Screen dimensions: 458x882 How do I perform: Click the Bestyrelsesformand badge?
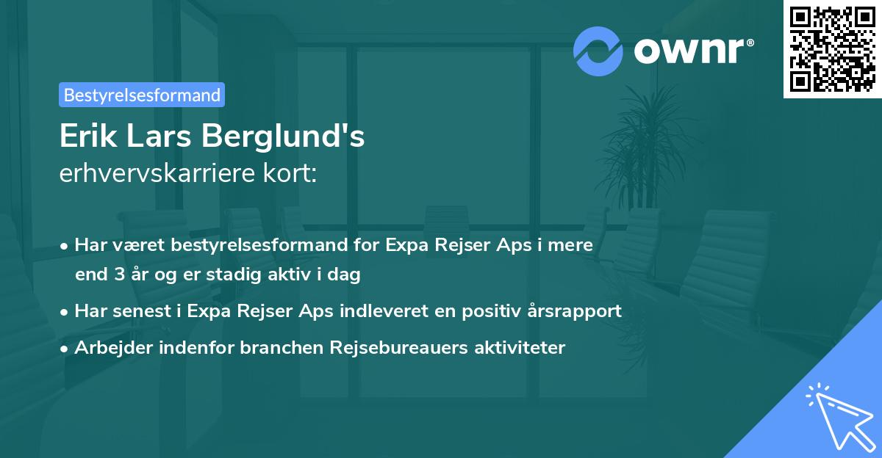click(x=141, y=95)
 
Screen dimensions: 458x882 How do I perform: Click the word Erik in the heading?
click(x=85, y=137)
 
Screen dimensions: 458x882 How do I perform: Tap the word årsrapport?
click(x=576, y=311)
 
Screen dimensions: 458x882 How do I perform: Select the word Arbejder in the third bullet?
click(x=107, y=347)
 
